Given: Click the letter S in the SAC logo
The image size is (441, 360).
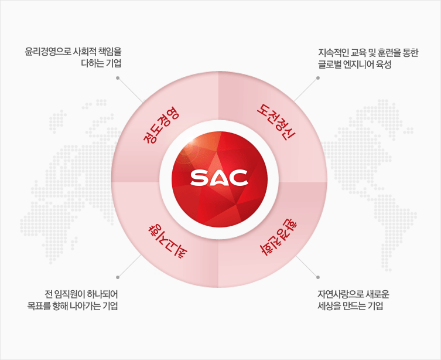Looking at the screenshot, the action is coord(199,178).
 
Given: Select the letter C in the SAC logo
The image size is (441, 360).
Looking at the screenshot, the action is coord(238,178).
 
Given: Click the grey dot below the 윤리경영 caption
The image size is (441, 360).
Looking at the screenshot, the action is coord(118,78).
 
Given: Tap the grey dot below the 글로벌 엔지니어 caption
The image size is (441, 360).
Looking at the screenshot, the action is coord(318,78).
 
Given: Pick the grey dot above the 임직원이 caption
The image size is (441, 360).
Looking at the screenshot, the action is coord(118,277).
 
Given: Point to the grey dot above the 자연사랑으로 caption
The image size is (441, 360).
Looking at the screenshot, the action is coord(318,277).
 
